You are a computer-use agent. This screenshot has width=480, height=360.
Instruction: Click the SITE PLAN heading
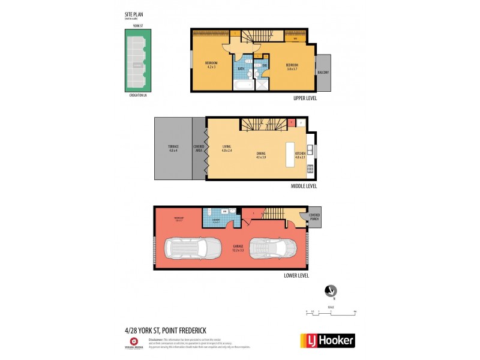point(133,14)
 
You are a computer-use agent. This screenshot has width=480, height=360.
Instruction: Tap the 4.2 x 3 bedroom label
point(211,65)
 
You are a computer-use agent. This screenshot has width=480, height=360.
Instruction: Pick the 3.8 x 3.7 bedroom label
point(292,67)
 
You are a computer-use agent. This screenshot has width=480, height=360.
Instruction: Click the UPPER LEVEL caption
point(305,98)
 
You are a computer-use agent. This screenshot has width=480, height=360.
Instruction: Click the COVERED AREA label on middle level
point(199,148)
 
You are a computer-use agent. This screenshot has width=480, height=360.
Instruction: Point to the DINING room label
point(260,155)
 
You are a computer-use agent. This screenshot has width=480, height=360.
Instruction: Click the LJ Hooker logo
point(327,340)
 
